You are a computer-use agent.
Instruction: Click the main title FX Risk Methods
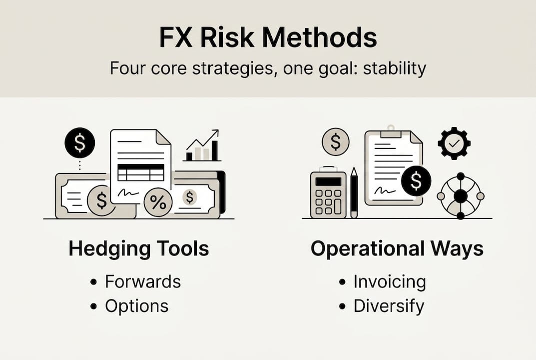click(x=268, y=37)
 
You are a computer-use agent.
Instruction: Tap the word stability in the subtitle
click(x=395, y=68)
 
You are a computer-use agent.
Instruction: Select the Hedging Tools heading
click(x=139, y=249)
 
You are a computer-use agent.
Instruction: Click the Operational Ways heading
click(x=397, y=249)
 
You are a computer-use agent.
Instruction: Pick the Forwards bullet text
click(x=143, y=281)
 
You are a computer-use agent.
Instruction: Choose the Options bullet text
click(x=137, y=306)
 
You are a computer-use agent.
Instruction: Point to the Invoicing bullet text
click(x=390, y=281)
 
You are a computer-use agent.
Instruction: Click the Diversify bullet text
click(x=389, y=306)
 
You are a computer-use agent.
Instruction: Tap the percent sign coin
click(x=158, y=202)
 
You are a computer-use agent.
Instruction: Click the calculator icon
click(x=328, y=192)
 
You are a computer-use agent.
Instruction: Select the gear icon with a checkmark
click(x=454, y=143)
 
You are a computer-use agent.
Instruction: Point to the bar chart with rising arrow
click(x=202, y=145)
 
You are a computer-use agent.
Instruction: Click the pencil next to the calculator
click(x=354, y=192)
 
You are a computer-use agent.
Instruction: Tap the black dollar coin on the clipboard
click(x=416, y=181)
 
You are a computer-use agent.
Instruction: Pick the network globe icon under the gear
click(x=461, y=196)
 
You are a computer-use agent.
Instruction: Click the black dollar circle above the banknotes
click(x=79, y=143)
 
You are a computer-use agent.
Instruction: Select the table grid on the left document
click(x=141, y=172)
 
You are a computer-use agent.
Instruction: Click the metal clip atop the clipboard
click(x=391, y=131)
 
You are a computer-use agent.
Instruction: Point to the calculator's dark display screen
click(x=328, y=181)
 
